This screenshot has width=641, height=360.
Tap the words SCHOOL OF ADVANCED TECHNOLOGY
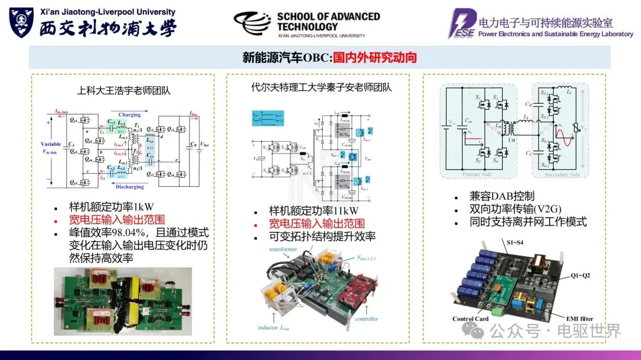328,21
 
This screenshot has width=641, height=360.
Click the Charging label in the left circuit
129,114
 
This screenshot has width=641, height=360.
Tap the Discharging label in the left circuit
129,187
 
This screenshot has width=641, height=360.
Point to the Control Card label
470,319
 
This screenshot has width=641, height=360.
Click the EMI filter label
575,319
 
